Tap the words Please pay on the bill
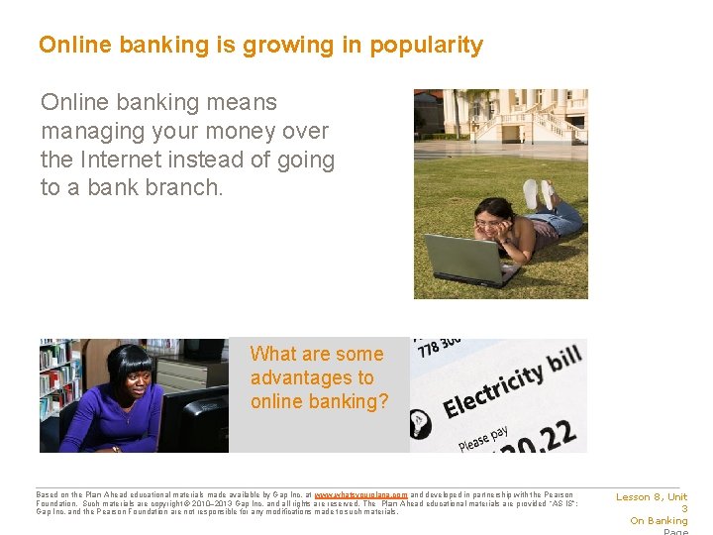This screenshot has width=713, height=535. [x=483, y=436]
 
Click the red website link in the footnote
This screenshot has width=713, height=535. [x=360, y=494]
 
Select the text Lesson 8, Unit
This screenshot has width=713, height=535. [x=652, y=497]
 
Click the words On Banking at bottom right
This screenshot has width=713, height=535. [x=659, y=521]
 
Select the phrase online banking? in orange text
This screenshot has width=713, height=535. [x=319, y=401]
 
